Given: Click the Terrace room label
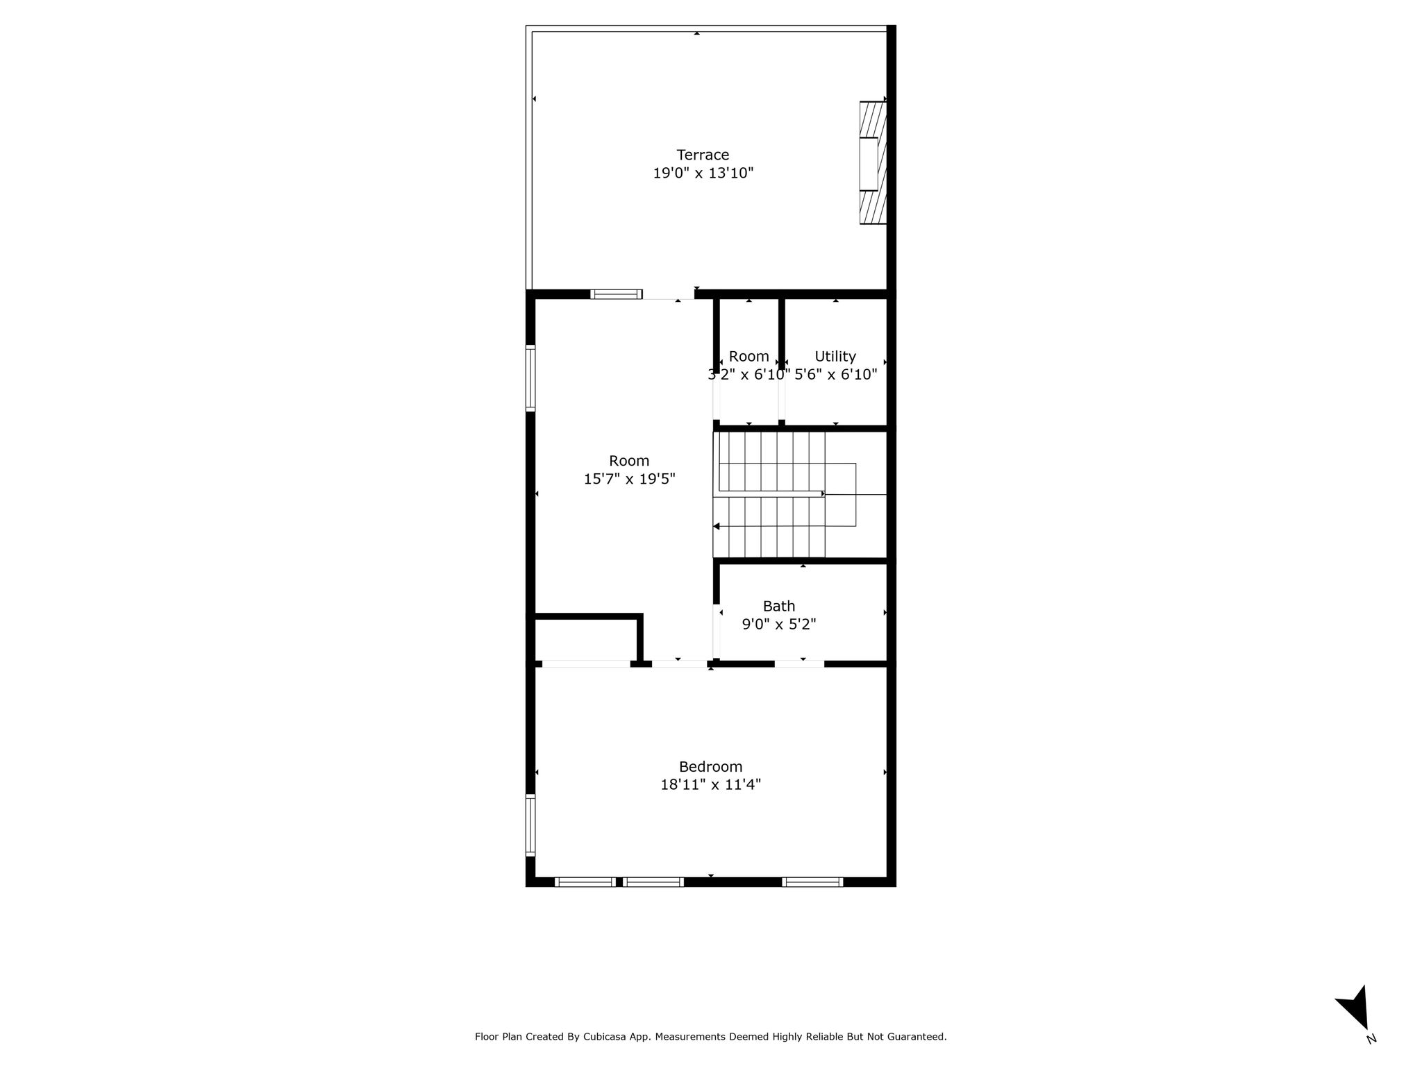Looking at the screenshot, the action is (x=703, y=155).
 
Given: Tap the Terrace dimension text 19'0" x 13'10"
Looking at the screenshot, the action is (x=703, y=173).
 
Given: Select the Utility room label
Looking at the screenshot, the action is (x=835, y=357).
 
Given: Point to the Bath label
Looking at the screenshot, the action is (x=778, y=606).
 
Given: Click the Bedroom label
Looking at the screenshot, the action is (x=710, y=767).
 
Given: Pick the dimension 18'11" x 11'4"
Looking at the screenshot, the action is (x=710, y=785).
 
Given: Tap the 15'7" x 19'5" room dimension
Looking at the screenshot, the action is (x=629, y=479).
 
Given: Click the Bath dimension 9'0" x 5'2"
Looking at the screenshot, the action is (x=778, y=624).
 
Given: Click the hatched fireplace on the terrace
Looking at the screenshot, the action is (x=873, y=163).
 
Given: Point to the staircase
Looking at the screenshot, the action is (x=785, y=494).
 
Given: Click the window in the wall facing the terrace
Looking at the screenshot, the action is (x=616, y=294).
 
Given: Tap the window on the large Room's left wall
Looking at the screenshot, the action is (x=530, y=378).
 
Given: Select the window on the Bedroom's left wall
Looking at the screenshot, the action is (x=530, y=824).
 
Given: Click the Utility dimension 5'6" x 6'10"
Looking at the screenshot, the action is (x=835, y=375).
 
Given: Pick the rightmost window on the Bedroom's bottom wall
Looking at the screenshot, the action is (x=812, y=882).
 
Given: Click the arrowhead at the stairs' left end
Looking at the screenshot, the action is (x=717, y=527).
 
